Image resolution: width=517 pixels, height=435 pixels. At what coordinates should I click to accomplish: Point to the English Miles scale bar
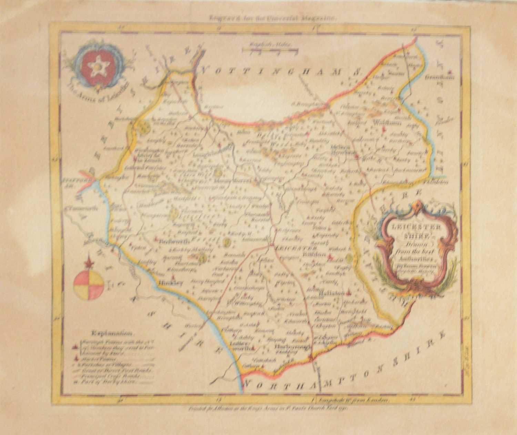pos(270,51)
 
